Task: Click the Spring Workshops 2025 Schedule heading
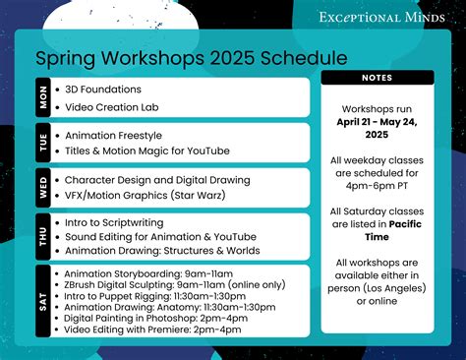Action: click(x=177, y=58)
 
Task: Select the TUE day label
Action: click(x=43, y=143)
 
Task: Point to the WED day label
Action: click(x=43, y=189)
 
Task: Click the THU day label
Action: click(x=43, y=236)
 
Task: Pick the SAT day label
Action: click(x=43, y=302)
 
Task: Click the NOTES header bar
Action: click(x=378, y=78)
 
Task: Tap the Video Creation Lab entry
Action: click(x=111, y=106)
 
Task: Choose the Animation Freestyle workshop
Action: click(x=113, y=135)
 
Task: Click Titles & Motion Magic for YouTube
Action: click(x=146, y=150)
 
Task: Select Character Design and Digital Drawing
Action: click(x=156, y=180)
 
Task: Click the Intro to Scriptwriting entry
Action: click(x=117, y=222)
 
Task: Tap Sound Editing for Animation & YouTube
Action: click(x=159, y=236)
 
